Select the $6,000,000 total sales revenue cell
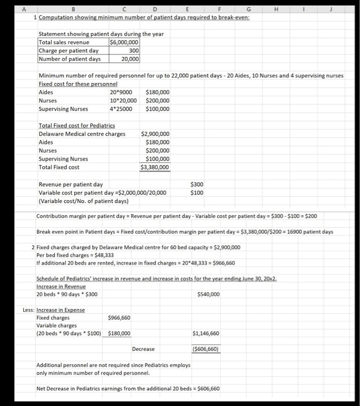(x=124, y=42)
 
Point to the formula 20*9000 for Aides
(x=121, y=92)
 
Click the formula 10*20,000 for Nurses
(x=123, y=100)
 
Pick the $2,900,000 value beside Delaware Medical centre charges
(x=155, y=134)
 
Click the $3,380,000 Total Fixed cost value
(x=155, y=168)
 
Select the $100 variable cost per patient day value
(x=197, y=193)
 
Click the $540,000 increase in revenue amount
(x=208, y=294)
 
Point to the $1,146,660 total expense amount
(x=206, y=333)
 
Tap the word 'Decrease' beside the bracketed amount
(x=143, y=349)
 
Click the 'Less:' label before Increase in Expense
(x=28, y=310)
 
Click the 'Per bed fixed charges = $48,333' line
(x=75, y=255)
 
